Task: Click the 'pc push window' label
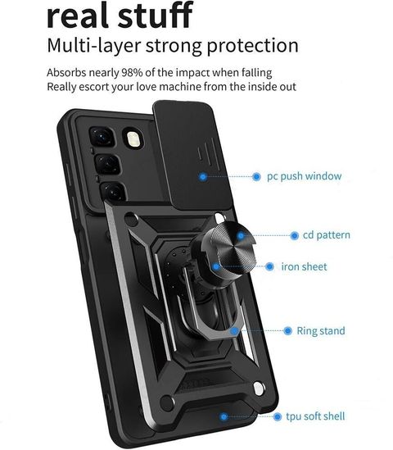click(x=304, y=176)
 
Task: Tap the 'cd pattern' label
click(x=327, y=235)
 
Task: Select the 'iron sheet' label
click(x=304, y=266)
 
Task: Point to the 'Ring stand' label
click(x=321, y=330)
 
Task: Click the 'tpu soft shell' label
click(x=315, y=416)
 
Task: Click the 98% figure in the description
click(x=132, y=72)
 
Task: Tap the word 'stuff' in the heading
click(x=156, y=15)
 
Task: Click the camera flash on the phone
click(x=132, y=139)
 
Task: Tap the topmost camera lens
click(x=102, y=137)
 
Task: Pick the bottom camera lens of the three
click(x=114, y=191)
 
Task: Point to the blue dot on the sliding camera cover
click(x=203, y=176)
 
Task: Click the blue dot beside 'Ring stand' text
click(x=287, y=330)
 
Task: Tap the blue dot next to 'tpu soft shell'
click(x=277, y=416)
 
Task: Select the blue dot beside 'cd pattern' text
click(x=294, y=235)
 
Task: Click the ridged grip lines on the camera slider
click(x=206, y=152)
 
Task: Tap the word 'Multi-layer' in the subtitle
click(x=94, y=46)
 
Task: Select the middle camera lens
click(x=107, y=165)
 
